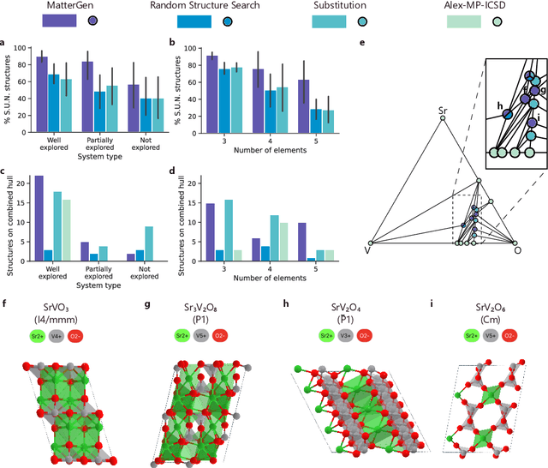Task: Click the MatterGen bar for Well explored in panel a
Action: coord(40,93)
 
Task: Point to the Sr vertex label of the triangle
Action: coord(443,110)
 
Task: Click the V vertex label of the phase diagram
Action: coord(368,251)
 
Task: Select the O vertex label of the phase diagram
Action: coord(516,250)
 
